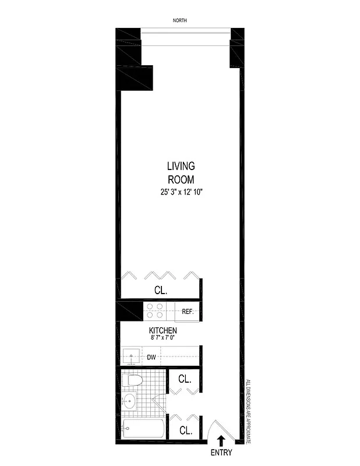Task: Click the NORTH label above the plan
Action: [180, 21]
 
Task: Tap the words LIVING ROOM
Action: [180, 173]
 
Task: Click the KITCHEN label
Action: [163, 330]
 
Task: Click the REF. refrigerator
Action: [188, 312]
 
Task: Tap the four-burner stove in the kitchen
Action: [155, 311]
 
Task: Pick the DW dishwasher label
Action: [150, 357]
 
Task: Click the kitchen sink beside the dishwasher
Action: [131, 356]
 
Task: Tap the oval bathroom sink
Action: [129, 401]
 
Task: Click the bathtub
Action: [143, 430]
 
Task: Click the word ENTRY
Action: [221, 453]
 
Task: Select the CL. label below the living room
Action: [161, 290]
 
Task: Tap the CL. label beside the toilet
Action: [185, 379]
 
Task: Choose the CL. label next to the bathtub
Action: [186, 431]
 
